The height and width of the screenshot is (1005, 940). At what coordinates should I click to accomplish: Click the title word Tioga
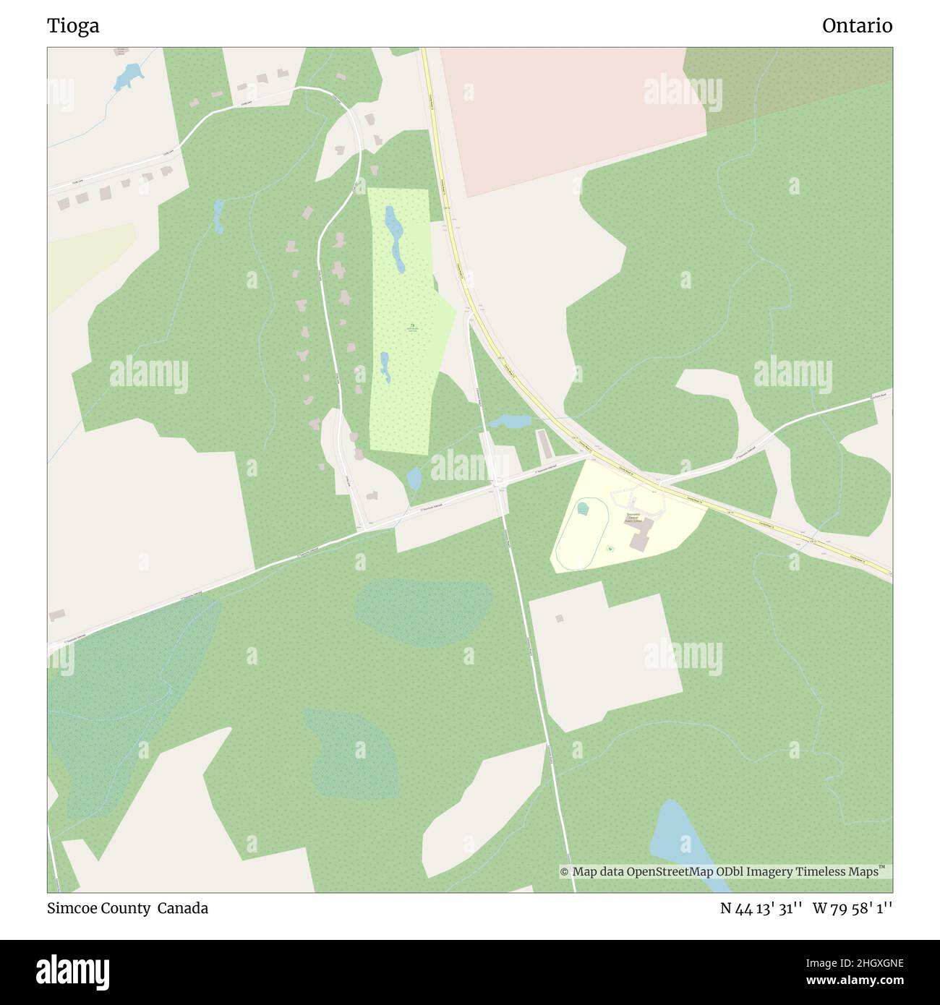[x=73, y=26]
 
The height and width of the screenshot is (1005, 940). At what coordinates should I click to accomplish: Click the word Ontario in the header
[x=857, y=26]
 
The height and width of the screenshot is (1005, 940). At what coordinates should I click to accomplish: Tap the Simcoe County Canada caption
[x=128, y=908]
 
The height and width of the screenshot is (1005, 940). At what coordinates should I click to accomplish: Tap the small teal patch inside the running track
[x=583, y=509]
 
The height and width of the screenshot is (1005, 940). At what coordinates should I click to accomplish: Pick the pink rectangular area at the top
[x=571, y=116]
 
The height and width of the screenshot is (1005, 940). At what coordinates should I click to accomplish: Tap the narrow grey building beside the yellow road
[x=543, y=444]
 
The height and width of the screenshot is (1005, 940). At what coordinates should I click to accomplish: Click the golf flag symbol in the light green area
[x=412, y=326]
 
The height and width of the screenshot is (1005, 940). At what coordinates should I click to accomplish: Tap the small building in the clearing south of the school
[x=558, y=618]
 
